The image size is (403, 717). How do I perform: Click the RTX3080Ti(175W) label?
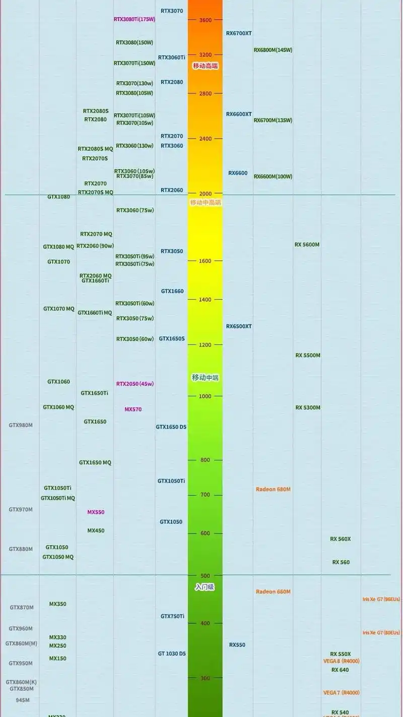click(x=135, y=19)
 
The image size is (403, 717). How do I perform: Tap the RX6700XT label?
click(x=239, y=33)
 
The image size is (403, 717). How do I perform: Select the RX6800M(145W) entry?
click(x=273, y=50)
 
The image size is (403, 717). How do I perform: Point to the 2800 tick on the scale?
click(x=205, y=94)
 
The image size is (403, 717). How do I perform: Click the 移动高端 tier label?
click(x=206, y=66)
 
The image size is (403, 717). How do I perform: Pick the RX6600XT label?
click(x=239, y=114)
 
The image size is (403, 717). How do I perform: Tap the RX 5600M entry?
click(x=307, y=245)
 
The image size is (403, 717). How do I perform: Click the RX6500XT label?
click(x=239, y=326)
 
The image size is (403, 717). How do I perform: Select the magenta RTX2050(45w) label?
click(x=135, y=384)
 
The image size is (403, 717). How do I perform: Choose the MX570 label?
click(x=133, y=409)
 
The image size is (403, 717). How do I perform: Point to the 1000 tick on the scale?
click(x=205, y=396)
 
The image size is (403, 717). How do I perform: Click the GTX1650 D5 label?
click(x=171, y=427)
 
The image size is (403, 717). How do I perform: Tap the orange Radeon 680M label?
click(x=273, y=489)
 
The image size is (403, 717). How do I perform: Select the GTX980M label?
click(x=21, y=425)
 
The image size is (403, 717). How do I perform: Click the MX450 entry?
click(x=96, y=530)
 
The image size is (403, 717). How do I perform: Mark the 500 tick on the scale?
click(x=205, y=576)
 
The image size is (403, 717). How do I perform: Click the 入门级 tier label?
click(x=205, y=587)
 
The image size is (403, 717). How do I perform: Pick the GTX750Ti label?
click(x=172, y=616)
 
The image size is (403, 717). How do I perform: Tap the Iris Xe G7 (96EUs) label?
click(x=381, y=599)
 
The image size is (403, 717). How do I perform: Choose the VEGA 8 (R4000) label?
click(x=342, y=661)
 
